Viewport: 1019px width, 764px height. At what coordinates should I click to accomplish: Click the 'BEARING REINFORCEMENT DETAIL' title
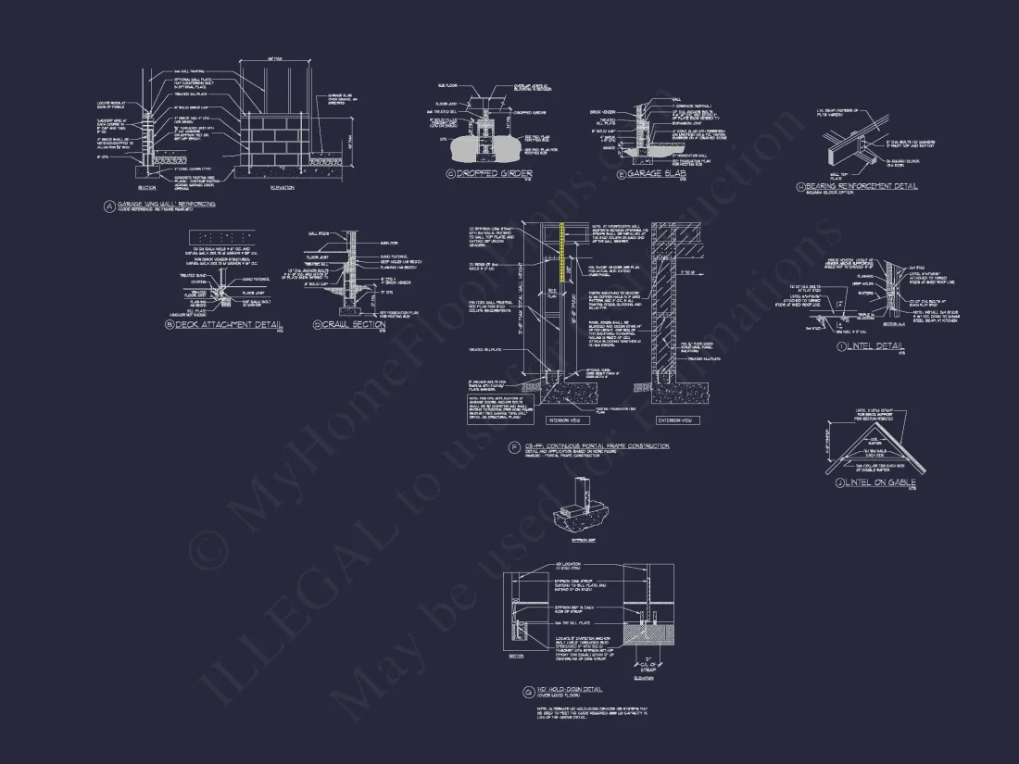[x=861, y=186]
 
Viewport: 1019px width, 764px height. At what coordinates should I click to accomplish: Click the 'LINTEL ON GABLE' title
[x=880, y=482]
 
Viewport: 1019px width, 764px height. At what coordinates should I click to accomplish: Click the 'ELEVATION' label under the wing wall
[x=282, y=188]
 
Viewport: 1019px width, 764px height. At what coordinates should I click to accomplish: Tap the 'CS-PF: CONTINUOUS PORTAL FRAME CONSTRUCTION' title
[x=597, y=445]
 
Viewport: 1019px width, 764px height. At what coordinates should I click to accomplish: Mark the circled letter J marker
[x=838, y=482]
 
